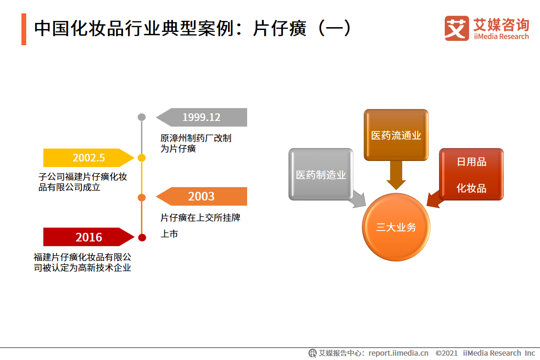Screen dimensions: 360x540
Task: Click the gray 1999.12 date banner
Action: [205, 117]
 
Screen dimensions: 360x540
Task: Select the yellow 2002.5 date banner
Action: [86, 158]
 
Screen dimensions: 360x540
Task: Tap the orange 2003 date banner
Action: [205, 196]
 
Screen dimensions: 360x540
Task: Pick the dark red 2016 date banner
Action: [86, 237]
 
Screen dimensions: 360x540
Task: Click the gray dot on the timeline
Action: [141, 117]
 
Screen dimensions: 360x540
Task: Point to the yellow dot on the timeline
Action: [141, 158]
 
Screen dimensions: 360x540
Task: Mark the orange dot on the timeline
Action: [141, 197]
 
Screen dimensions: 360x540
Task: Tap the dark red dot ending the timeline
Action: [141, 237]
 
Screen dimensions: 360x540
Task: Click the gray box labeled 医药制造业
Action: [320, 174]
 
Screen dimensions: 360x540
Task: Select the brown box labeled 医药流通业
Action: [396, 135]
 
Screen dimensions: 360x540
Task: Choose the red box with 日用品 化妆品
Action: [471, 174]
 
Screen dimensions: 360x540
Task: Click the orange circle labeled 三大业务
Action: [396, 227]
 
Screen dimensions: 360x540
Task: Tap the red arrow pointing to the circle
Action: [434, 199]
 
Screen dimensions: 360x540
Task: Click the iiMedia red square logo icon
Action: [456, 28]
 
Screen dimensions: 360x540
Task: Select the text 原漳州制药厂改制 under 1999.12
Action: [196, 139]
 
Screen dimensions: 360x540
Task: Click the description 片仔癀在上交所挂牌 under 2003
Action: [200, 218]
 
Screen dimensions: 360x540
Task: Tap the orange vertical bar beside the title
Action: [24, 29]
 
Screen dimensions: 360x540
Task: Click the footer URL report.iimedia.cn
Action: [398, 353]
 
